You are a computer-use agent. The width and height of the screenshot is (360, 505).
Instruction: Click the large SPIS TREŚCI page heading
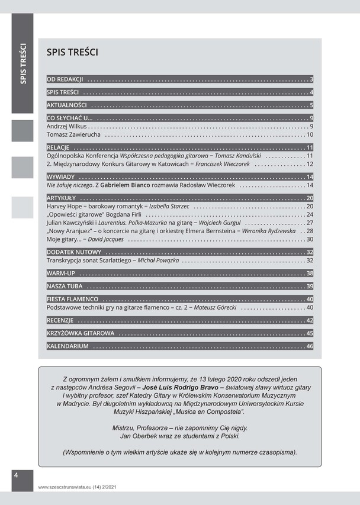tap(72, 53)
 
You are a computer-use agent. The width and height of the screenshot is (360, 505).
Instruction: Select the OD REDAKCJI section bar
tap(65, 79)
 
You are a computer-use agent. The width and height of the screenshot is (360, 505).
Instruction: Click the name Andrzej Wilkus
tap(66, 126)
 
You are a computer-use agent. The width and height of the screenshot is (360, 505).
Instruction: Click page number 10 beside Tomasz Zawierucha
tap(309, 136)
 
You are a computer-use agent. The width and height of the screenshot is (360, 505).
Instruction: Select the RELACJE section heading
tap(59, 147)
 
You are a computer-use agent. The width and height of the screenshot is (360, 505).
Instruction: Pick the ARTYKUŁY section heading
tap(62, 197)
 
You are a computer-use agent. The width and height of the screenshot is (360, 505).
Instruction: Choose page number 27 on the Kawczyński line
tap(309, 223)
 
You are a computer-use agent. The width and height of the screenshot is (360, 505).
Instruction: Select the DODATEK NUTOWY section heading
tap(73, 252)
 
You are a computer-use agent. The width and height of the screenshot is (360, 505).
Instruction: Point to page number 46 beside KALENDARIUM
tap(309, 346)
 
